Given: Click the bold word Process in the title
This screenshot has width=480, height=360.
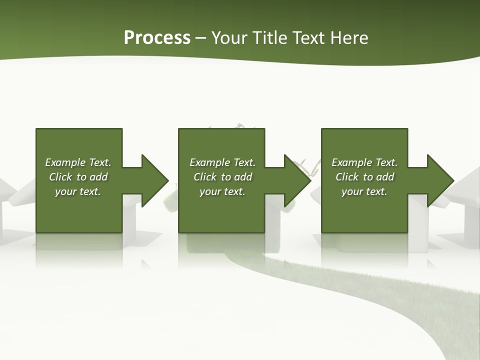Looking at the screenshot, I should pos(157,38).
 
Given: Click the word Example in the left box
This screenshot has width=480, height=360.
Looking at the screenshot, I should pos(65,162).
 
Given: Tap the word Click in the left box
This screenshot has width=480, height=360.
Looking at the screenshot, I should pos(60,177).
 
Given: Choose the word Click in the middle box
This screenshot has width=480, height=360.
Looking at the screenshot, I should pos(205,177).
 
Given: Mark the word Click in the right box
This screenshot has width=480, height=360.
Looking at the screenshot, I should pos(347,177).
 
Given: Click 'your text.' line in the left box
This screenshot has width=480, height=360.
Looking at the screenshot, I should pos(78,191).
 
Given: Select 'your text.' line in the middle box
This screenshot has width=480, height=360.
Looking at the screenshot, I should pos(222,191).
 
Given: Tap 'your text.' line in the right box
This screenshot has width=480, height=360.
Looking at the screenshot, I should pos(364,191).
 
